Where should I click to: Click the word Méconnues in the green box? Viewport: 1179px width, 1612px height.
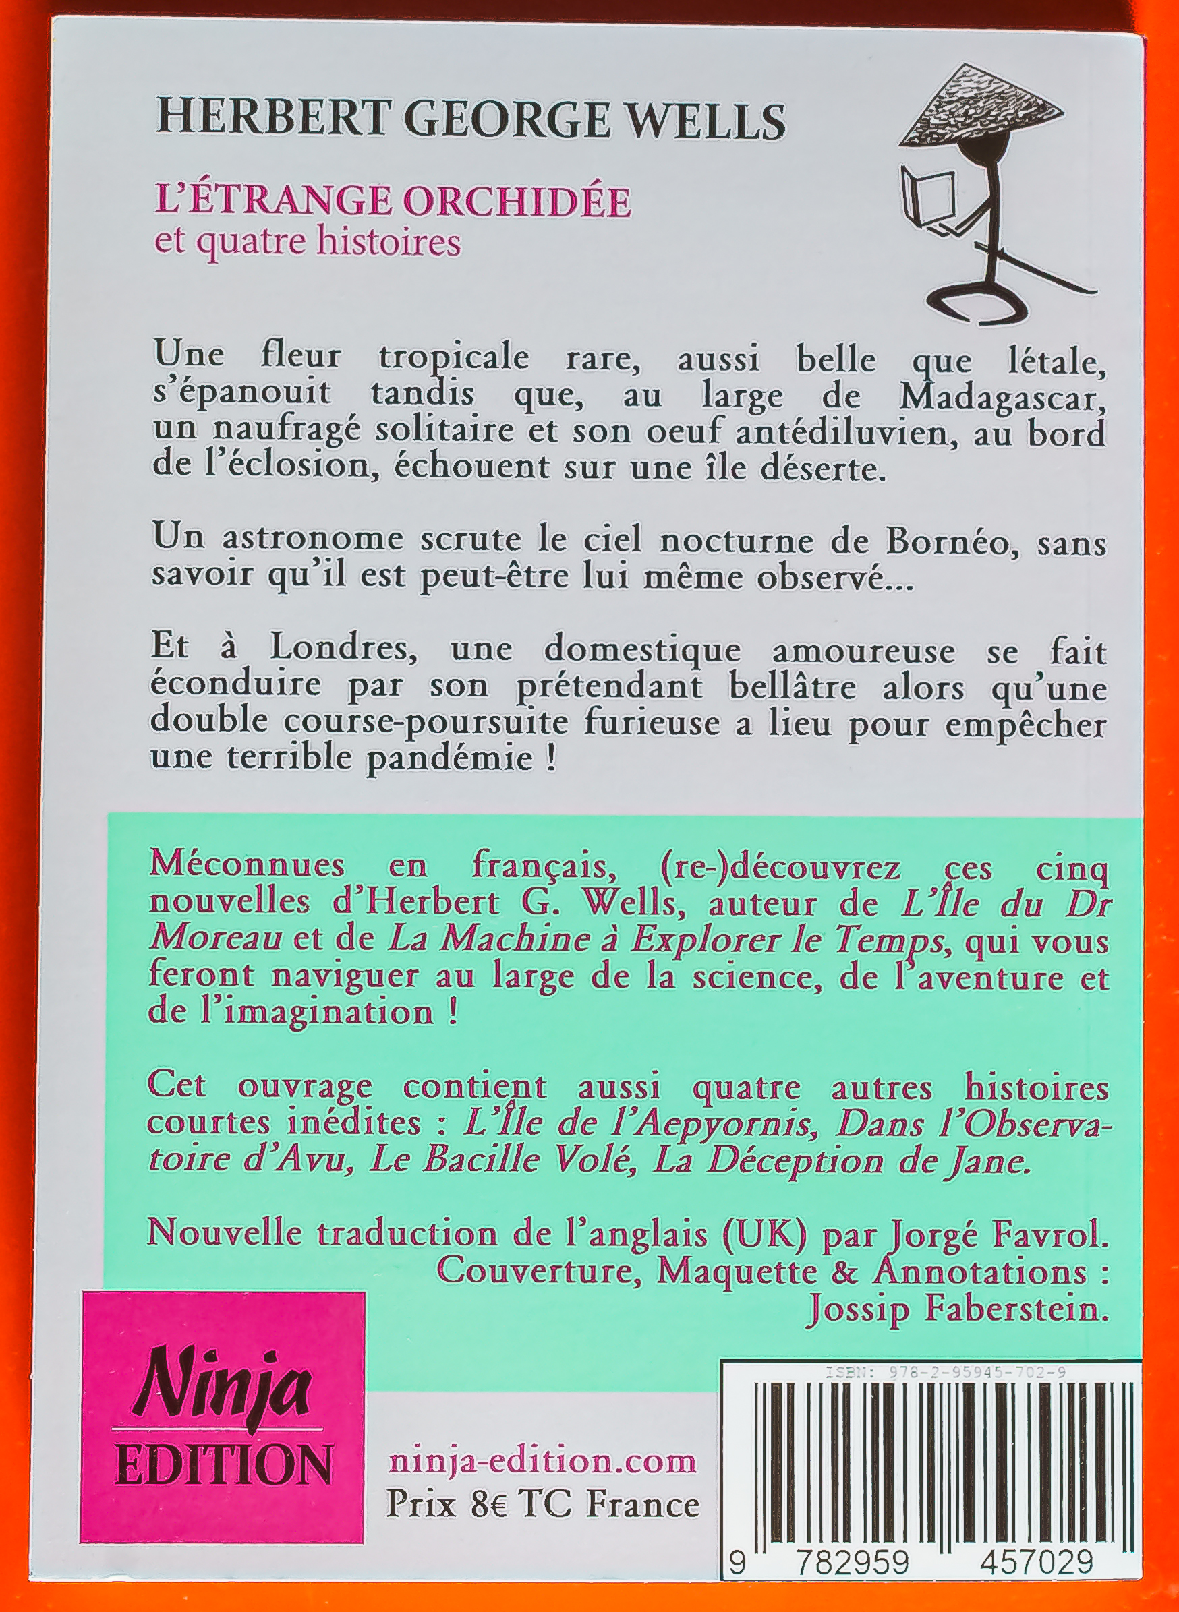pos(246,865)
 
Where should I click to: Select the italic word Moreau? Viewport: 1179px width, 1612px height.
pos(217,938)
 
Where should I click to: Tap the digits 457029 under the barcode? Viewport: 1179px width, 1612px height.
pos(1036,1577)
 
